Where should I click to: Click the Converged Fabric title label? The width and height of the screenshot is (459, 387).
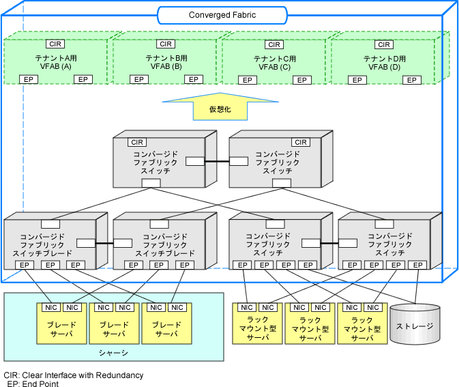point(222,15)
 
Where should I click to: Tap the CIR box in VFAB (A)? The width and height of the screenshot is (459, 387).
point(55,44)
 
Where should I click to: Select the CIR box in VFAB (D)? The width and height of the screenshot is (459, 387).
point(384,44)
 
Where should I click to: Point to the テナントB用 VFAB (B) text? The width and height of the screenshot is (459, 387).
point(166,62)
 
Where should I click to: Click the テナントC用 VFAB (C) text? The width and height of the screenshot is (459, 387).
point(275,63)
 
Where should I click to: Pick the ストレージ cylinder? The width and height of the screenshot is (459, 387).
point(415,324)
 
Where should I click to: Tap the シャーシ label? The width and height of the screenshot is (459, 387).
point(114,353)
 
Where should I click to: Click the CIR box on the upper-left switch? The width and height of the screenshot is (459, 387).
point(137,143)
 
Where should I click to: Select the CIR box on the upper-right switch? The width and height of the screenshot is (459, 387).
point(301,143)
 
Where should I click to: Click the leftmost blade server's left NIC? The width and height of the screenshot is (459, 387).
point(51,307)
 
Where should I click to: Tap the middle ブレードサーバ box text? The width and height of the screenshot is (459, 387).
point(114,329)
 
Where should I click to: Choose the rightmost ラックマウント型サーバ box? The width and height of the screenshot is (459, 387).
point(362,324)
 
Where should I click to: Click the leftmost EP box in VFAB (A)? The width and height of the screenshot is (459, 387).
point(29,79)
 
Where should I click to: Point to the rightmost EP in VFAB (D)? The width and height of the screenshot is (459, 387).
point(411,80)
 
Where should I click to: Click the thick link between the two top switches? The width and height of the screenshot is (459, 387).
point(217,161)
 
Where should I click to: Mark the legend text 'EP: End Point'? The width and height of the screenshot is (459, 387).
point(33,384)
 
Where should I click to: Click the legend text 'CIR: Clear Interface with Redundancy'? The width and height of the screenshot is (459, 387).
point(74,375)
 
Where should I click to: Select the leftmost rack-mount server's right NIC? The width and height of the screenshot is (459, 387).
point(268,307)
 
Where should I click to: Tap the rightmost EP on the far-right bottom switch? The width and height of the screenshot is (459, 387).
point(417,265)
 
